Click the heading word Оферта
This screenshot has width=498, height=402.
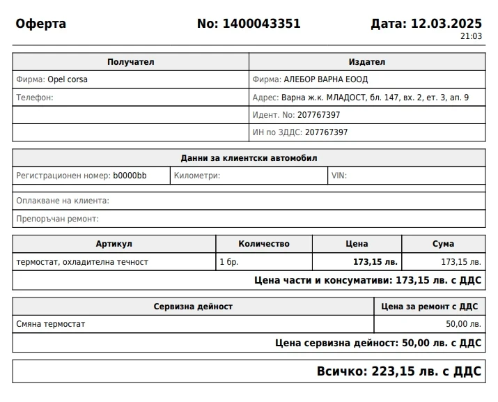click(41, 24)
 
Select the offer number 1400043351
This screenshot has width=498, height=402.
click(261, 24)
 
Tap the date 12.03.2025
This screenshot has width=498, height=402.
click(446, 24)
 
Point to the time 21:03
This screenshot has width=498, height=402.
click(471, 36)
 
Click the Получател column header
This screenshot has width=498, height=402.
click(130, 62)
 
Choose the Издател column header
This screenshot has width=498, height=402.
click(367, 62)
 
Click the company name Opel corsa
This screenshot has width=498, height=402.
click(68, 79)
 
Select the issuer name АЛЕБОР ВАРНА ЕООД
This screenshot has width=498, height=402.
click(326, 79)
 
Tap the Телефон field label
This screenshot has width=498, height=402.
click(35, 98)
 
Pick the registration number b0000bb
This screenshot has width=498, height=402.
click(130, 176)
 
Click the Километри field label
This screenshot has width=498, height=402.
click(197, 176)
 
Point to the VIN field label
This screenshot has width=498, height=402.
click(339, 176)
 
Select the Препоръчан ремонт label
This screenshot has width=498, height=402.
click(58, 219)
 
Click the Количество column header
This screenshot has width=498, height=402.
click(264, 244)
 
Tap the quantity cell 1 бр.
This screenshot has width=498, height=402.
click(228, 262)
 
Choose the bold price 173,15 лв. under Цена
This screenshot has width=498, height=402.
click(375, 262)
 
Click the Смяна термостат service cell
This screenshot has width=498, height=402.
click(51, 324)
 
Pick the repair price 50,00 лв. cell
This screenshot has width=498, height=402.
click(463, 324)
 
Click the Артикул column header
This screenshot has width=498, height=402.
click(114, 244)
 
